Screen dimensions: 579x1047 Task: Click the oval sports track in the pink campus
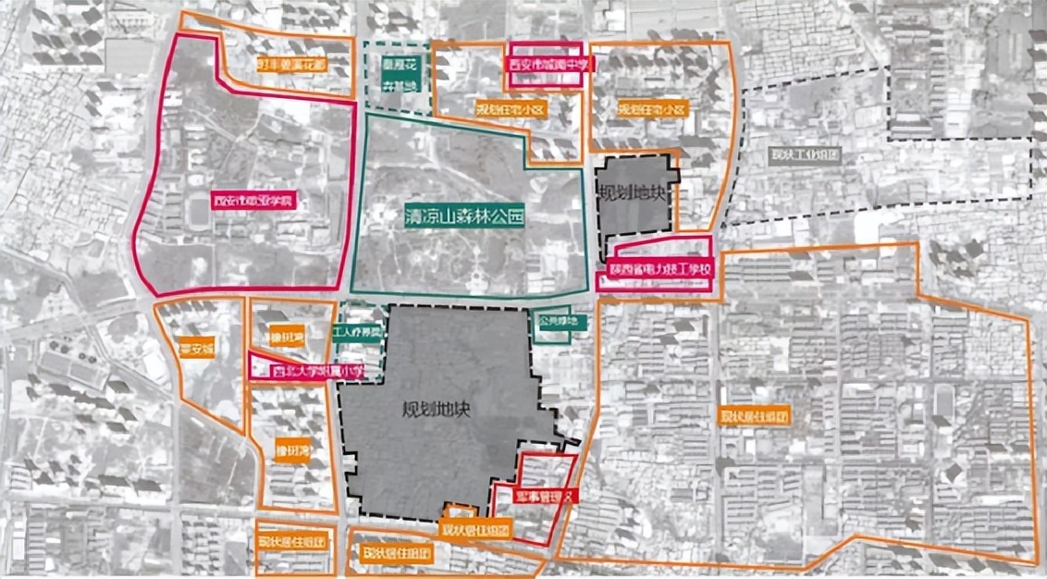pyautogui.click(x=197, y=214)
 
